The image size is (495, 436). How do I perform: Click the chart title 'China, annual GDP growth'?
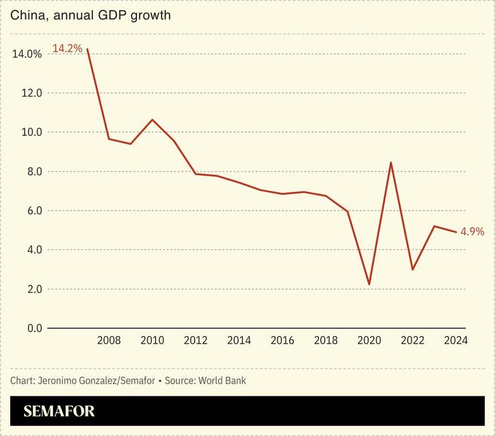[x=90, y=15]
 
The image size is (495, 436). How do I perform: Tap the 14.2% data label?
[x=67, y=48]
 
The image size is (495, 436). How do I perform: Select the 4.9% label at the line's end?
[x=472, y=232]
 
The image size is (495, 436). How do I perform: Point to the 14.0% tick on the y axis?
[x=27, y=54]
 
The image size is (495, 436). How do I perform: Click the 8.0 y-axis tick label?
[x=31, y=171]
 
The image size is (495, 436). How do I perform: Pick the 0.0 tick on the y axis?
[x=31, y=328]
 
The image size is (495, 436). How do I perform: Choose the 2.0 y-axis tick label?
[x=31, y=289]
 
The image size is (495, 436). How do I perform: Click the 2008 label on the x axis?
[x=109, y=340]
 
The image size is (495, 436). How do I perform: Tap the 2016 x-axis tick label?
[x=282, y=340]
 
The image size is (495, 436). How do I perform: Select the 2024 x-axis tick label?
[x=456, y=340]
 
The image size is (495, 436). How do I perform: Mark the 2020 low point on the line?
[x=369, y=285]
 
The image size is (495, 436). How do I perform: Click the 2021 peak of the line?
[x=391, y=162]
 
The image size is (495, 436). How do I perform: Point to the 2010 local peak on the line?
[x=153, y=120]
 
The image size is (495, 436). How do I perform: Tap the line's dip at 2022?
[x=413, y=269]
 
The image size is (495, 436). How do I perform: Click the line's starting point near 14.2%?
[x=88, y=49]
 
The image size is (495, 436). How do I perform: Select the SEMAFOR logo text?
[x=59, y=411]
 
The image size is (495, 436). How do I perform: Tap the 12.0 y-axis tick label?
[x=30, y=93]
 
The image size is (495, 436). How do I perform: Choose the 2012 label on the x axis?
[x=196, y=340]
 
